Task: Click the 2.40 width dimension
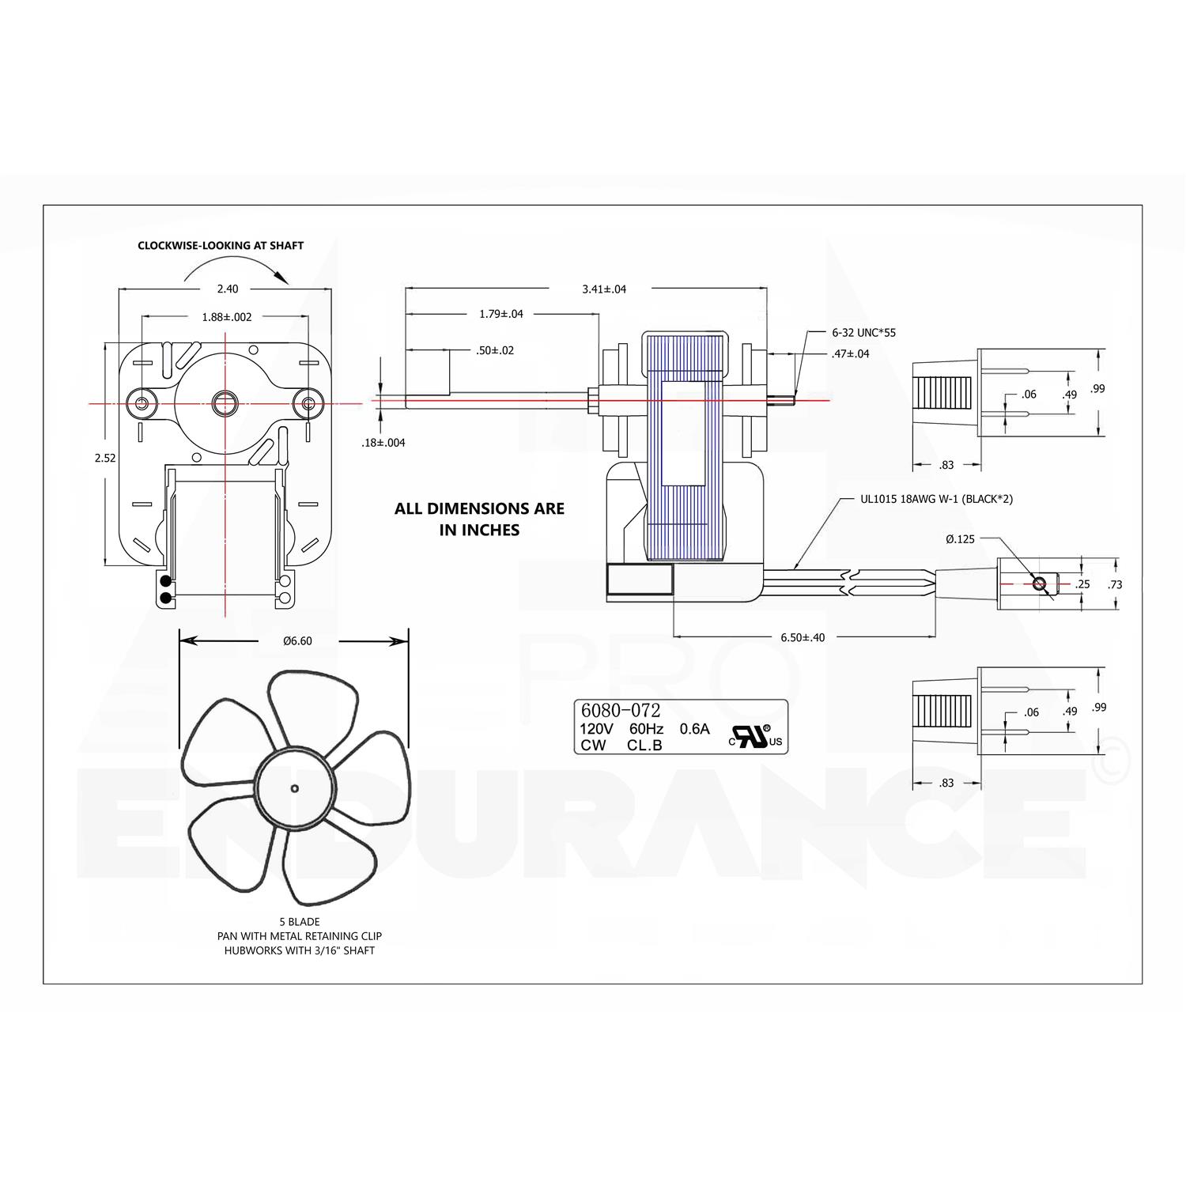(227, 289)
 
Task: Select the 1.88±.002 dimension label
(226, 317)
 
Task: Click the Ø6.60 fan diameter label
(297, 640)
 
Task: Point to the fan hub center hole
(294, 788)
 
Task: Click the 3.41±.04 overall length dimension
(604, 289)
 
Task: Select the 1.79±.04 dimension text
(500, 314)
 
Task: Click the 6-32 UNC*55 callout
(863, 333)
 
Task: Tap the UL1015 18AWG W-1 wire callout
(936, 499)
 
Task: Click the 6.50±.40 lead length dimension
(802, 637)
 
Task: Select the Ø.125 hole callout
(960, 539)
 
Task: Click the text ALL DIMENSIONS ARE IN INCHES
(479, 519)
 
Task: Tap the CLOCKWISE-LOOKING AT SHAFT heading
(221, 246)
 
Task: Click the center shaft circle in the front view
(226, 403)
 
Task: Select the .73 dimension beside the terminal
(1115, 584)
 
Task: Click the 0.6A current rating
(694, 729)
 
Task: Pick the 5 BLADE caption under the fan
(299, 922)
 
